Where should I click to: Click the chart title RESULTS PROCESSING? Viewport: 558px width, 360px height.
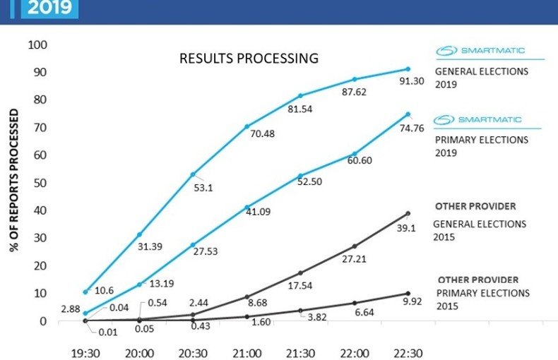coord(249,58)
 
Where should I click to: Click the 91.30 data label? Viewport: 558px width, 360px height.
coord(412,81)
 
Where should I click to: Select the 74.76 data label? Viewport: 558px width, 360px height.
coord(412,128)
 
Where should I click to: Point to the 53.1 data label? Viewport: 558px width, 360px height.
coord(204,188)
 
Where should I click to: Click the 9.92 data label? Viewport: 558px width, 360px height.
coord(412,302)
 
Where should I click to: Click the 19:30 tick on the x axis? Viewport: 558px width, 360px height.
coord(85,352)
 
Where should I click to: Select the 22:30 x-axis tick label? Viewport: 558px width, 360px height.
coord(408,352)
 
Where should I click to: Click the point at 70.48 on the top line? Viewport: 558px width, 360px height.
coord(247,126)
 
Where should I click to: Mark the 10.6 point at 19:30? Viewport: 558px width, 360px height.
coord(85,292)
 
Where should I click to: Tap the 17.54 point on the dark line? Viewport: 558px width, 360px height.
coord(300,272)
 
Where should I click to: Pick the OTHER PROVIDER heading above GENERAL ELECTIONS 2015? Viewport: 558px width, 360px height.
coord(475,207)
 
